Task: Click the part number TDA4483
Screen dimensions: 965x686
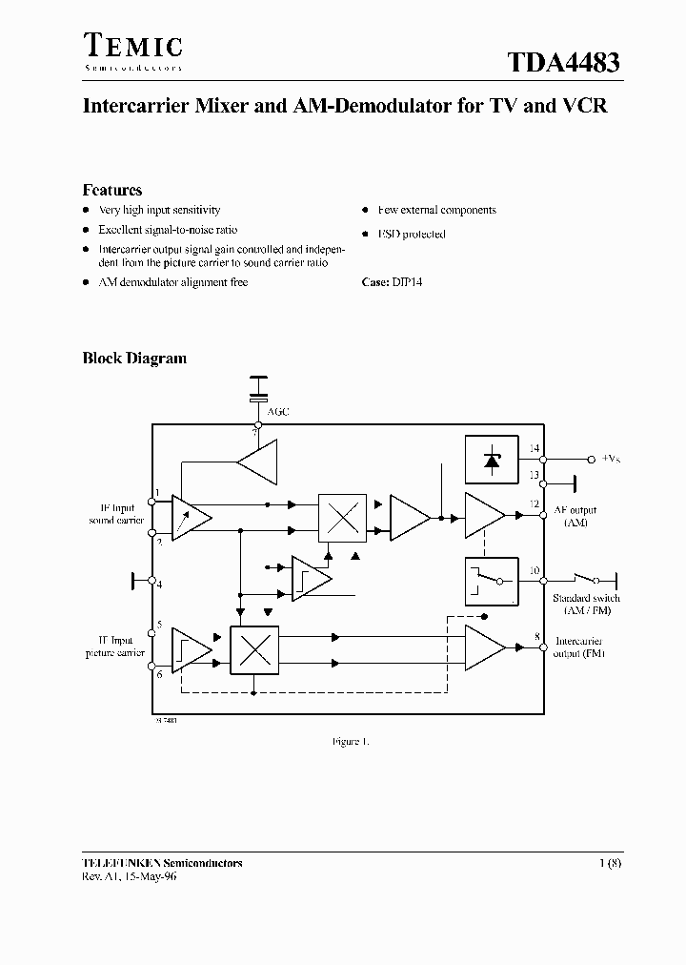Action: pos(563,64)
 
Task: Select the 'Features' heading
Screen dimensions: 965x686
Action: pos(111,190)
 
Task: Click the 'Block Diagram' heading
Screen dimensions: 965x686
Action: pos(133,359)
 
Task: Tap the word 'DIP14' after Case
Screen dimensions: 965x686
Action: pos(407,282)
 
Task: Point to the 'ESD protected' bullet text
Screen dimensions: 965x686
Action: pos(411,234)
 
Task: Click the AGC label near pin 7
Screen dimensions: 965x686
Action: pos(278,412)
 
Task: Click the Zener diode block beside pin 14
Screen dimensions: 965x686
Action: pos(491,459)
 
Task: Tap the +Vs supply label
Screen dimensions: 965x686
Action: pos(610,459)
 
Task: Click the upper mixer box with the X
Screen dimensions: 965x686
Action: pos(341,518)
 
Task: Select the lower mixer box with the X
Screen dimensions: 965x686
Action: pos(254,649)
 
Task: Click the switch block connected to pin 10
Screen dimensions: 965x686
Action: pos(491,581)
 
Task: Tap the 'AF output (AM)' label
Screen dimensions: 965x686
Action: pos(575,516)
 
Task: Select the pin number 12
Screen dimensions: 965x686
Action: pos(535,503)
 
